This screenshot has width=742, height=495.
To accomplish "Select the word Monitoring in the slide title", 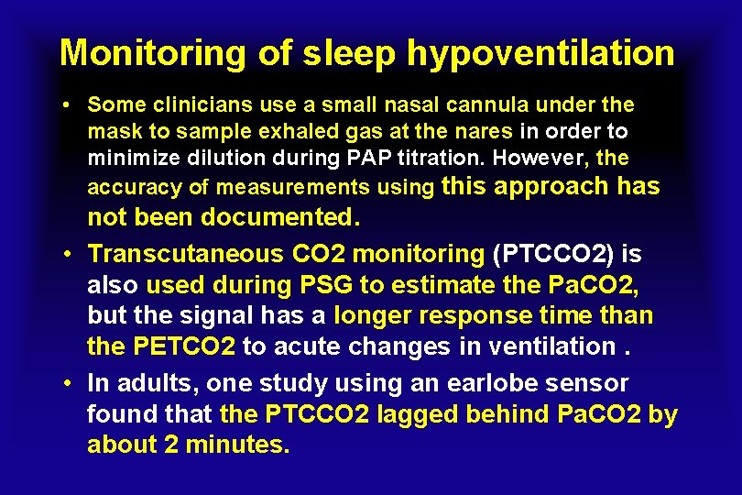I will pos(153,54).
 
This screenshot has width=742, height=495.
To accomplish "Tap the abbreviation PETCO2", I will pos(187,347).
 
